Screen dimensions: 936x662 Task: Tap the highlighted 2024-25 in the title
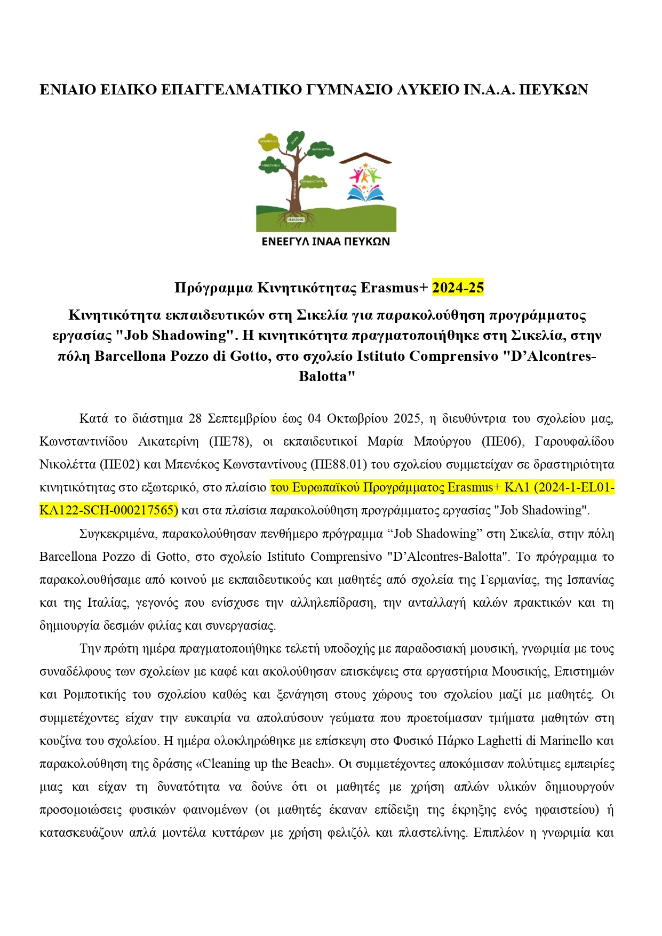click(458, 288)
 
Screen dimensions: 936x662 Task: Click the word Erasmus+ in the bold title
click(394, 288)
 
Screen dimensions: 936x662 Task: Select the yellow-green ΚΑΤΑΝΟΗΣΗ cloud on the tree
click(268, 142)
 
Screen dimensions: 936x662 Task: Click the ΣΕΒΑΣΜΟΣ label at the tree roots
click(296, 219)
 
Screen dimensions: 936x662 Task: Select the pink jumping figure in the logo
click(355, 175)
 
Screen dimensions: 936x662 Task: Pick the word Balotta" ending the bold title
click(326, 376)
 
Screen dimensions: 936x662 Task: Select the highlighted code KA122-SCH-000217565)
click(108, 510)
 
